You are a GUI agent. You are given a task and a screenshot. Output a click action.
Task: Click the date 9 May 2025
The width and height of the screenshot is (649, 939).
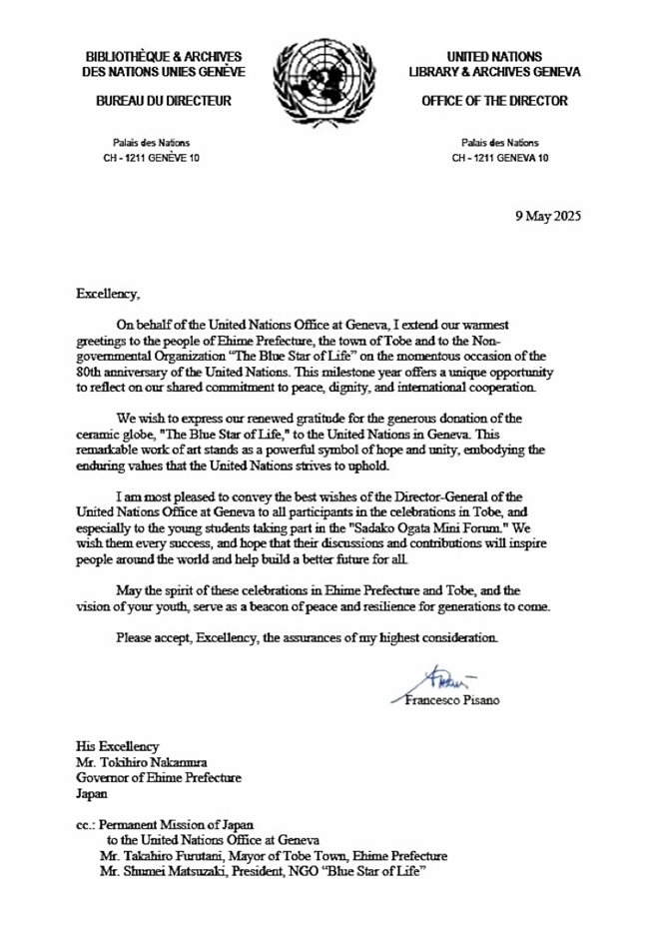[x=546, y=216]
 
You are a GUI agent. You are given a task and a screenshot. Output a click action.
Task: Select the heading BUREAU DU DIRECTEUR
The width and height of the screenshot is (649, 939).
[x=163, y=101]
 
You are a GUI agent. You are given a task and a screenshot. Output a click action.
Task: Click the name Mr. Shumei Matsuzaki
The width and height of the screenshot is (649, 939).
[x=168, y=873]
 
